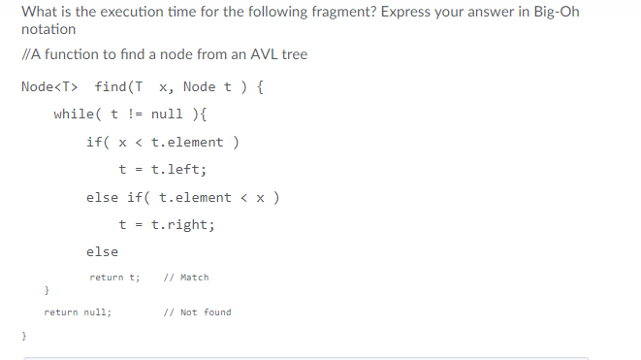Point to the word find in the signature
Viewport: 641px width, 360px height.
pyautogui.click(x=117, y=87)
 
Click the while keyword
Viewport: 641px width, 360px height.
pyautogui.click(x=73, y=115)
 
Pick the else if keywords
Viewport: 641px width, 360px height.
pyautogui.click(x=116, y=197)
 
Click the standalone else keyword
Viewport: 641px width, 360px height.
pyautogui.click(x=102, y=252)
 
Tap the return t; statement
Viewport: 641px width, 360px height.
pyautogui.click(x=115, y=278)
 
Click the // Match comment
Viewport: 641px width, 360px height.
pyautogui.click(x=186, y=278)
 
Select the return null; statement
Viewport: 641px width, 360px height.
pyautogui.click(x=78, y=312)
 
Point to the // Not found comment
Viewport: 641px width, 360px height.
pyautogui.click(x=198, y=312)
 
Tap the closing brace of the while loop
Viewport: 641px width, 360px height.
pyautogui.click(x=47, y=291)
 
